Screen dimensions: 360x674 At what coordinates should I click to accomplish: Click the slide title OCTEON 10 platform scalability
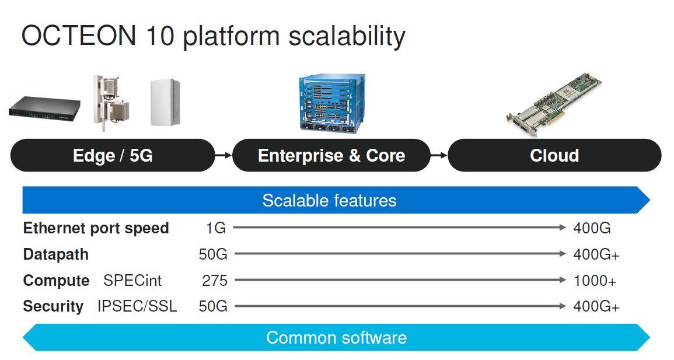point(213,36)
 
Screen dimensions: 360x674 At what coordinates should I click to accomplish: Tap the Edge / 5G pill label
point(113,156)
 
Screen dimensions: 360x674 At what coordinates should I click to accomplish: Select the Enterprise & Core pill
point(331,156)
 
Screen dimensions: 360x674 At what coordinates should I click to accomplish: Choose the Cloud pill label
point(554,156)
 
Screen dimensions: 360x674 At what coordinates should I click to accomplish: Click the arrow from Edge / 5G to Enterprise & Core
point(223,155)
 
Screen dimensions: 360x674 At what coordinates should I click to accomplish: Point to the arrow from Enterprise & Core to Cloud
point(439,155)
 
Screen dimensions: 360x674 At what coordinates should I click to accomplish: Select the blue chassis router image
point(330,103)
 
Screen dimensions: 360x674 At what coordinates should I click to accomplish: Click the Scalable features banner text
point(329,201)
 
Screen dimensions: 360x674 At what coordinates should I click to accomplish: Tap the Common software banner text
point(336,338)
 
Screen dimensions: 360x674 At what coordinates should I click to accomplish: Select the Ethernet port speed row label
point(96,228)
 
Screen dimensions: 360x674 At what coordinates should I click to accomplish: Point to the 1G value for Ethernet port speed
point(215,228)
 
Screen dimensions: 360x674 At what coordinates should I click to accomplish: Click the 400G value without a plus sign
point(592,228)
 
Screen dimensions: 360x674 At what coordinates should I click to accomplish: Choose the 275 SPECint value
point(214,281)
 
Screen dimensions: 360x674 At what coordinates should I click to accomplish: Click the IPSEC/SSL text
point(137,306)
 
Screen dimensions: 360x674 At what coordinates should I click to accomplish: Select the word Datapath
point(56,254)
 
